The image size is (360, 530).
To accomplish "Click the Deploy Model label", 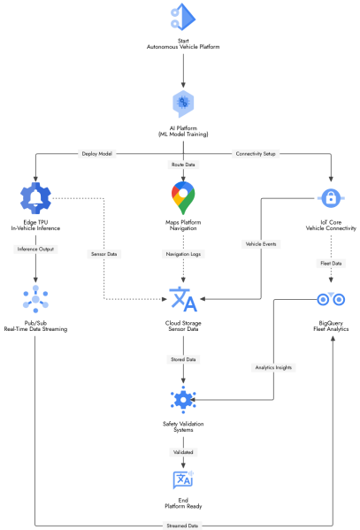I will tap(97, 153).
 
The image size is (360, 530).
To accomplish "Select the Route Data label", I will tap(183, 165).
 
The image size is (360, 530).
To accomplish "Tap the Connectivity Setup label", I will tap(257, 153).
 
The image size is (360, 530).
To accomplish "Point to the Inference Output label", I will tap(35, 249).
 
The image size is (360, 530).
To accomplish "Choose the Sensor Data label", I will tap(105, 253).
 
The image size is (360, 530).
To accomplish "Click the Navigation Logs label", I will tap(183, 253).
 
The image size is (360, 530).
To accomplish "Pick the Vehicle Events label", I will tap(261, 243).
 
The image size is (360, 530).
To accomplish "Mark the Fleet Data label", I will tap(331, 263).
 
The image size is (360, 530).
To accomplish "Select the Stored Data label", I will tap(183, 359).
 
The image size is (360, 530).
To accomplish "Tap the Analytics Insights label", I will tap(274, 366).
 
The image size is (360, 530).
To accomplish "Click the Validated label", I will tap(183, 451).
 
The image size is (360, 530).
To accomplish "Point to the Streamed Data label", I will tap(183, 526).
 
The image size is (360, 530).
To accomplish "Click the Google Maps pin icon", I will tap(183, 198).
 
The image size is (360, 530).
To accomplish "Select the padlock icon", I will tap(331, 198).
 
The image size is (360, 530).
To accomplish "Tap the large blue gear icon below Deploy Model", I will tap(35, 198).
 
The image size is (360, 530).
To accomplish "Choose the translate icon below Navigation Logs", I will tap(183, 299).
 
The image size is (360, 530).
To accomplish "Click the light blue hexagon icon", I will tap(183, 104).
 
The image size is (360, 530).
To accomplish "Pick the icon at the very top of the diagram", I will tap(183, 17).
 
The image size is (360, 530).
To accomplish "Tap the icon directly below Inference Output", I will tap(35, 299).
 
